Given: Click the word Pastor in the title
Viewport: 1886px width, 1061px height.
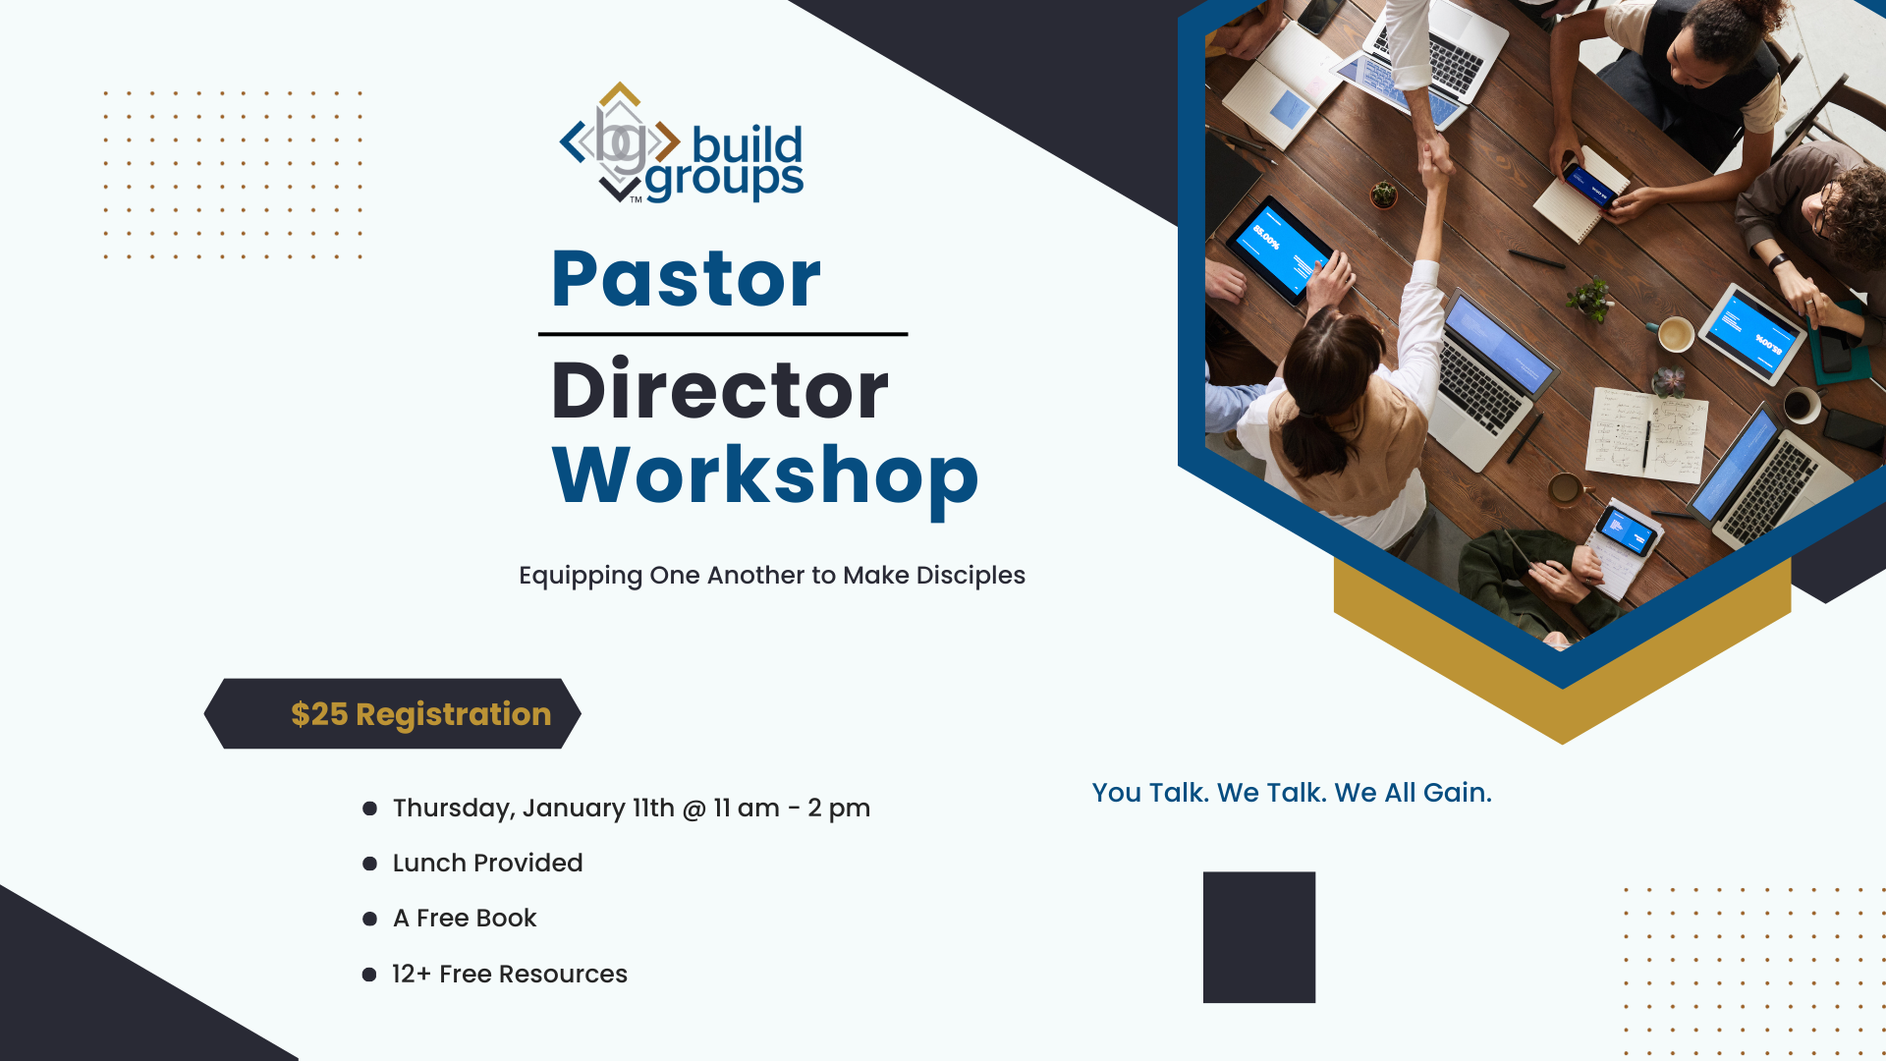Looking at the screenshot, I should pos(686,280).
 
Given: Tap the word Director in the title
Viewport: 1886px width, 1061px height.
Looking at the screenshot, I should pos(719,391).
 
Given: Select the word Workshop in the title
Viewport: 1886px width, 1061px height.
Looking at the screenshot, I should pos(764,476).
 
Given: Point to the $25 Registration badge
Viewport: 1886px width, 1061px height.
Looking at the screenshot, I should pos(393,714).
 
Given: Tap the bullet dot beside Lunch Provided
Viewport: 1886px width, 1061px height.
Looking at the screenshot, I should pos(369,864).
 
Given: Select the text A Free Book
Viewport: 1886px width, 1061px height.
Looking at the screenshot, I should pos(465,919).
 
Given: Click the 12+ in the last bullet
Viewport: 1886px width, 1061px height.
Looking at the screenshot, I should pos(411,975).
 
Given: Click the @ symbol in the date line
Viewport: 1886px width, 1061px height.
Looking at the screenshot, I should pos(693,809).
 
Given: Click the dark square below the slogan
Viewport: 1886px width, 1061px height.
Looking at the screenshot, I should pos(1258,937).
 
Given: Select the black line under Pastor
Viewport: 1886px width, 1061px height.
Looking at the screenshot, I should pos(722,335).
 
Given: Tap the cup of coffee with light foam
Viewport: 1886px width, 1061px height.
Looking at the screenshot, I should pos(1676,334).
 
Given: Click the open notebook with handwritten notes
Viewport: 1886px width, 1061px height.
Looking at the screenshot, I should pos(1647,433).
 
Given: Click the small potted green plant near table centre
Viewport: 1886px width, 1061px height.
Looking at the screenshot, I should pos(1589,299).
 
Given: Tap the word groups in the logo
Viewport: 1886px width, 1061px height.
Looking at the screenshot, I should pos(724,180).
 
